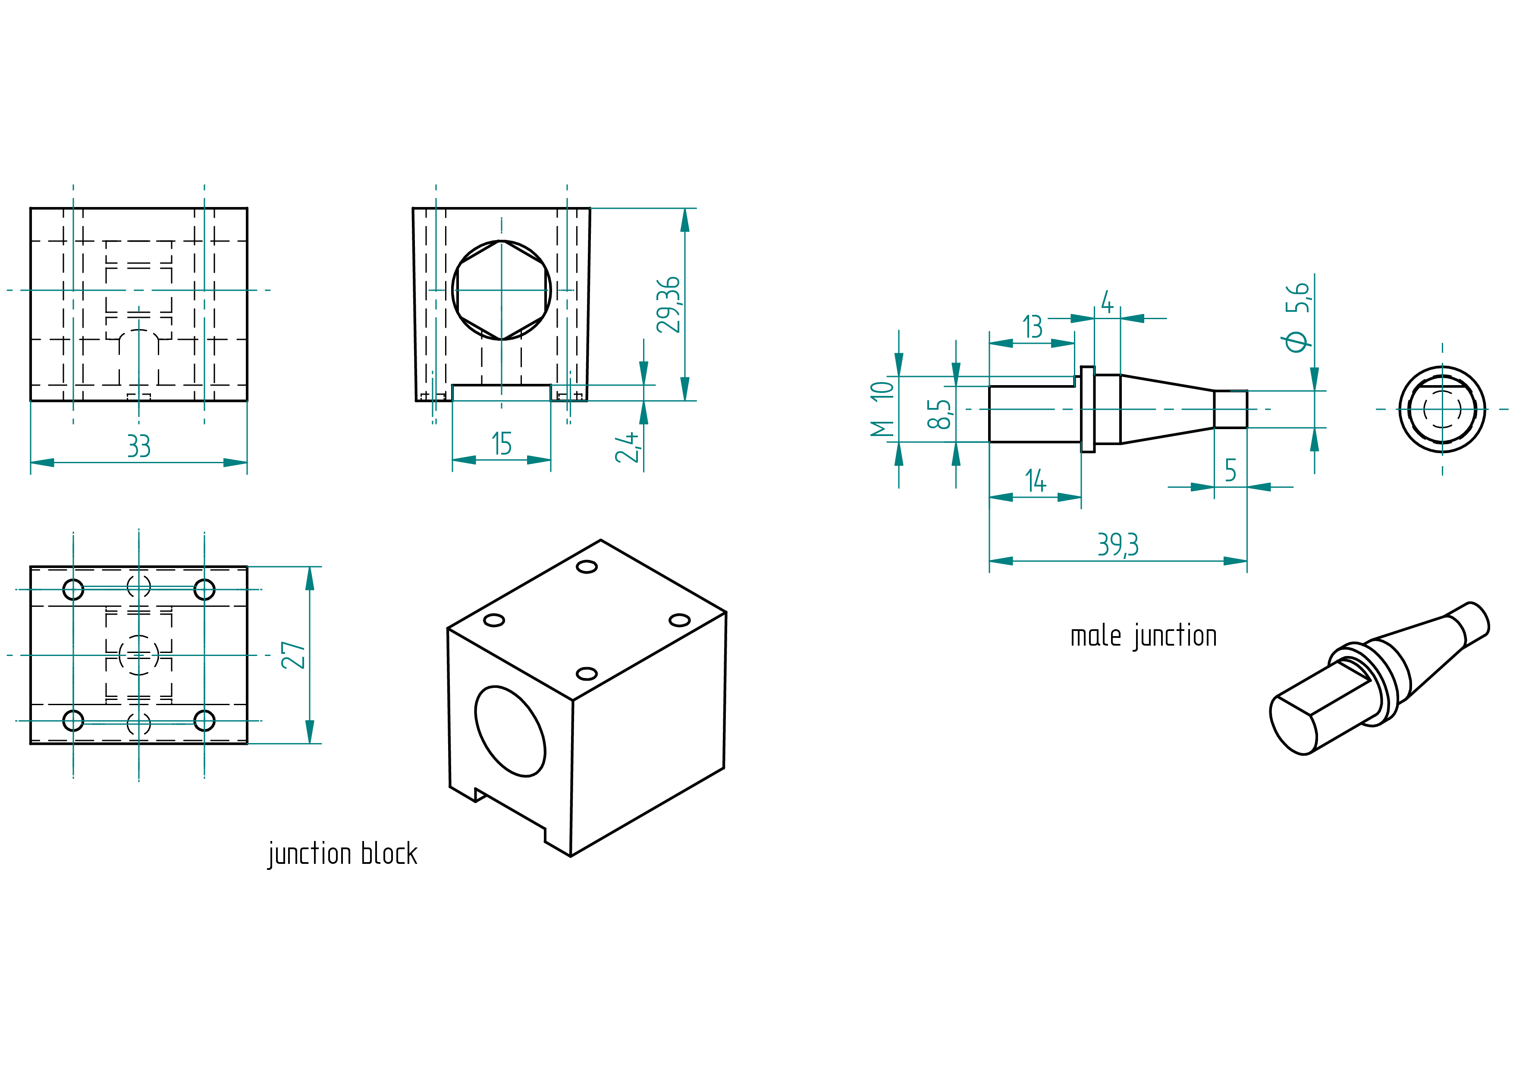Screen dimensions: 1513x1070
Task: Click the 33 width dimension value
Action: (138, 446)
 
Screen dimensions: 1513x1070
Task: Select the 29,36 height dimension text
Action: (668, 304)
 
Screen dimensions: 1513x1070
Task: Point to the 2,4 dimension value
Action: (627, 447)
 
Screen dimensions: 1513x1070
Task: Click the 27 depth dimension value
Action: (293, 655)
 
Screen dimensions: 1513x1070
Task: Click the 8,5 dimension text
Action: (939, 414)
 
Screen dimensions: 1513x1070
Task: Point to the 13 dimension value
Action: (1033, 327)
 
